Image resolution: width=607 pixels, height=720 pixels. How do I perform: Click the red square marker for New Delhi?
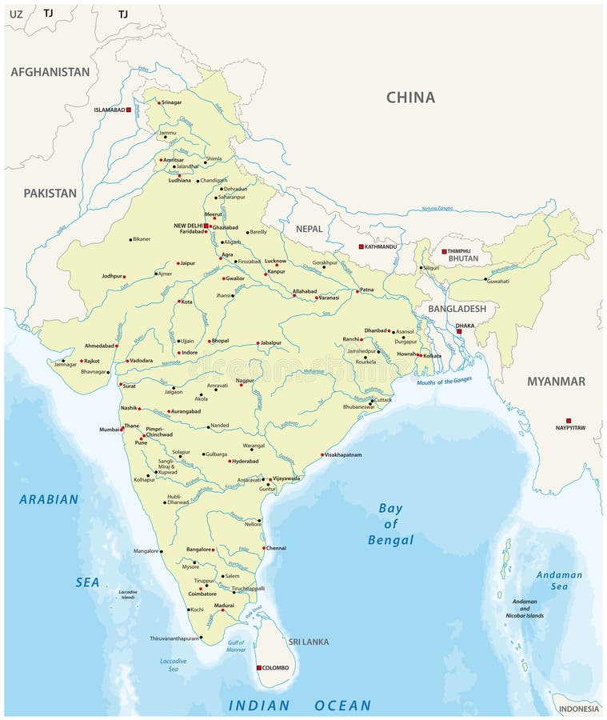click(x=206, y=226)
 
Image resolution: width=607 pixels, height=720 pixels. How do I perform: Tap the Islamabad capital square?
click(x=128, y=110)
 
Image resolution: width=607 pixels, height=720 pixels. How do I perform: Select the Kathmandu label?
click(x=381, y=246)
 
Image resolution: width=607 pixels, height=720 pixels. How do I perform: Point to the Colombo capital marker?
click(x=258, y=667)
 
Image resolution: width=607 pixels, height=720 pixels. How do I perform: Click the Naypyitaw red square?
click(x=569, y=420)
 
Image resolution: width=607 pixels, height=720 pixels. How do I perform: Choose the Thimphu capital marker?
click(x=445, y=251)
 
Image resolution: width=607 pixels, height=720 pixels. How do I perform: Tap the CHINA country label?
click(x=410, y=98)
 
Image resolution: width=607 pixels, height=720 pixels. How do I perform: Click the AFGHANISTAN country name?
click(x=50, y=72)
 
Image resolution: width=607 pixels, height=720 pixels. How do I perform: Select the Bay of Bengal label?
click(x=390, y=524)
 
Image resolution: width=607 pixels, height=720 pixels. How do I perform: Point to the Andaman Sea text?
click(x=559, y=580)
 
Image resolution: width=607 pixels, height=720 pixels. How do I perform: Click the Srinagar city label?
click(x=172, y=102)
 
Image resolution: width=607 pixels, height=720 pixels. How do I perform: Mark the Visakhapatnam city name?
click(x=343, y=454)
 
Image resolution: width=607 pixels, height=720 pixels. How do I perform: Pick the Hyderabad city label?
click(x=246, y=461)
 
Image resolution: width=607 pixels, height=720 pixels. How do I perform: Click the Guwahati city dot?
click(x=485, y=280)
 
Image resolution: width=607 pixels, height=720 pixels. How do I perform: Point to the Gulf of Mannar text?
click(x=236, y=646)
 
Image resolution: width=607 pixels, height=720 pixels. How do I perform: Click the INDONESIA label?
click(x=578, y=708)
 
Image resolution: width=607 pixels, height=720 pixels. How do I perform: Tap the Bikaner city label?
click(x=142, y=238)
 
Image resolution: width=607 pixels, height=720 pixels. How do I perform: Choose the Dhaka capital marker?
click(x=459, y=331)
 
